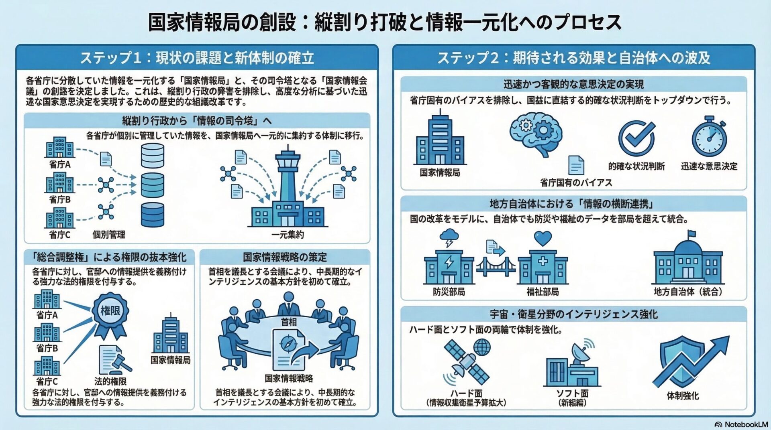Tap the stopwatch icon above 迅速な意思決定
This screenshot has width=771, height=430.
709,136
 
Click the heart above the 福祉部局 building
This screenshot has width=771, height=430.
543,238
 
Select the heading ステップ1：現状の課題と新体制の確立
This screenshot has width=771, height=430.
197,58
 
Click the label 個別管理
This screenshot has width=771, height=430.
109,235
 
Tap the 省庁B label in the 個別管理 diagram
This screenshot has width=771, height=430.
59,199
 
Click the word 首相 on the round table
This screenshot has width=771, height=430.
288,322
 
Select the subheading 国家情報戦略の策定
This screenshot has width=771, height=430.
285,257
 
